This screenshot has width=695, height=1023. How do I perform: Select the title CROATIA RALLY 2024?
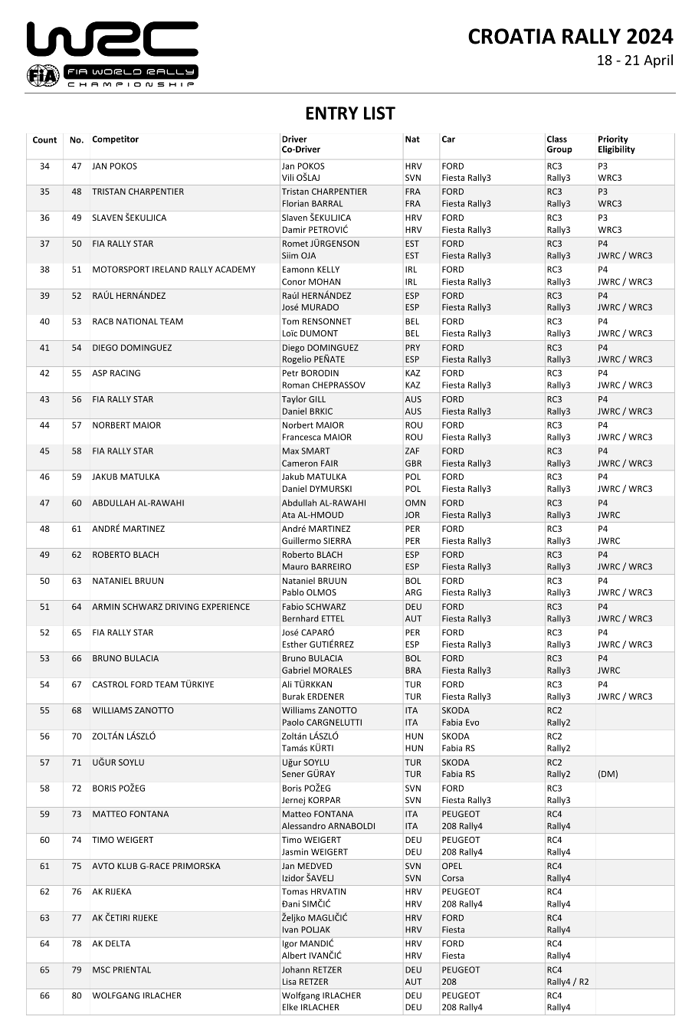(x=570, y=36)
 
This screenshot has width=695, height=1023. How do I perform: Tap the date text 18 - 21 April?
(x=635, y=61)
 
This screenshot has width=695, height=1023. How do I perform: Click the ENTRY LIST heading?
(x=349, y=113)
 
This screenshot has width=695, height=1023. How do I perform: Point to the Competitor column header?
(x=115, y=139)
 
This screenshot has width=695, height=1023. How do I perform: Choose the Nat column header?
(x=412, y=139)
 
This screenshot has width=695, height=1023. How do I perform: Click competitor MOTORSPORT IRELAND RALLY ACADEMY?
(x=173, y=270)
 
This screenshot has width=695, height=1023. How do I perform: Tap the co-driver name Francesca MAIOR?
(x=316, y=438)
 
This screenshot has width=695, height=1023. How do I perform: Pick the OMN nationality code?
(x=414, y=503)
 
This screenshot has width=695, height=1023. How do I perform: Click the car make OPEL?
(x=453, y=866)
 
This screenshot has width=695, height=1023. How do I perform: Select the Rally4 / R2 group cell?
(x=568, y=982)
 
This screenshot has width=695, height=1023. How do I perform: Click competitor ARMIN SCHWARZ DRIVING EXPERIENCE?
(x=171, y=607)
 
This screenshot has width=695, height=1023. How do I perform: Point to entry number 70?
(x=77, y=736)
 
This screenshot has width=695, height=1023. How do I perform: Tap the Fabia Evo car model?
(x=461, y=723)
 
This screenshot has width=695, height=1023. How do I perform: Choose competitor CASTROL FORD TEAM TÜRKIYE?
(x=153, y=684)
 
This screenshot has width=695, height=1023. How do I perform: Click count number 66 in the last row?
(x=44, y=995)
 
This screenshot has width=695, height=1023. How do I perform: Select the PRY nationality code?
(x=413, y=348)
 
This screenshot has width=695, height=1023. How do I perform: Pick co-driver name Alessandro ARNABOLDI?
(x=328, y=826)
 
